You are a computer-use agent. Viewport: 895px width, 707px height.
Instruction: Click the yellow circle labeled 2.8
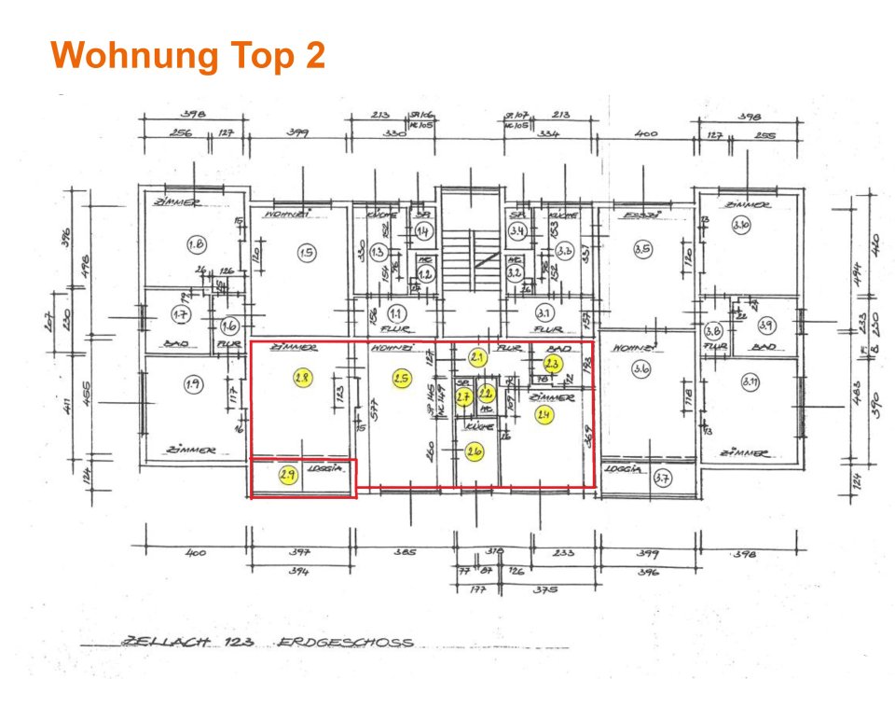coord(301,379)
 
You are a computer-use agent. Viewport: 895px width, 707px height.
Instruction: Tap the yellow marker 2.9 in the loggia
coord(288,476)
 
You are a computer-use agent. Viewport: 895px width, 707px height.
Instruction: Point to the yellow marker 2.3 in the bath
coord(552,364)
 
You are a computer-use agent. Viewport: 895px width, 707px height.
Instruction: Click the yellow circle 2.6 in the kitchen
coord(475,452)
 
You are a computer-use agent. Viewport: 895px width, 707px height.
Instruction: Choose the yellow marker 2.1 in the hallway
coord(478,357)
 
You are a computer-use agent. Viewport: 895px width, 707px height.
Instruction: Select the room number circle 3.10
coord(741,225)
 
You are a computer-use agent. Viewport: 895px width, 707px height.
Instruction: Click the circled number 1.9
coord(193,382)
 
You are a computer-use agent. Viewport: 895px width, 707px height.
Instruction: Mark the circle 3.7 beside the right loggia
coord(663,479)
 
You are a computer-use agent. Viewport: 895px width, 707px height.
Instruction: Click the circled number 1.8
coord(196,244)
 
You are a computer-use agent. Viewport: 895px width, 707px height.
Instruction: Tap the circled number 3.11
coord(751,381)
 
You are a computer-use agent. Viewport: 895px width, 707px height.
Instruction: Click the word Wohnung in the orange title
coord(124,56)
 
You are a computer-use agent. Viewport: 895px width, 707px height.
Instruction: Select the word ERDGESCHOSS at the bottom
coord(345,643)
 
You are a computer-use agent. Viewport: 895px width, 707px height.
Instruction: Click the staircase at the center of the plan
coord(469,252)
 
